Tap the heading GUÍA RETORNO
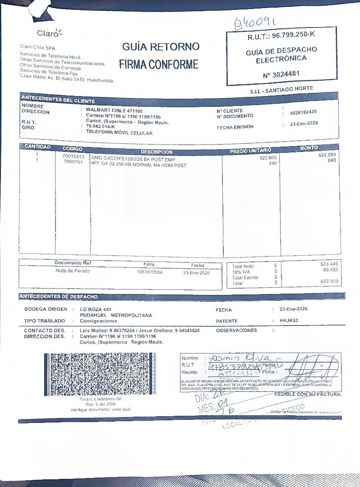coord(160,46)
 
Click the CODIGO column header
coord(72,148)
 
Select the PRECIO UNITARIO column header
coord(250,150)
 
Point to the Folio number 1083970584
coord(149,272)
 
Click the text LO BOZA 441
coord(95,309)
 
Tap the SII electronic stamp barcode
coord(97,374)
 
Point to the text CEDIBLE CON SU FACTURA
coord(308,395)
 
